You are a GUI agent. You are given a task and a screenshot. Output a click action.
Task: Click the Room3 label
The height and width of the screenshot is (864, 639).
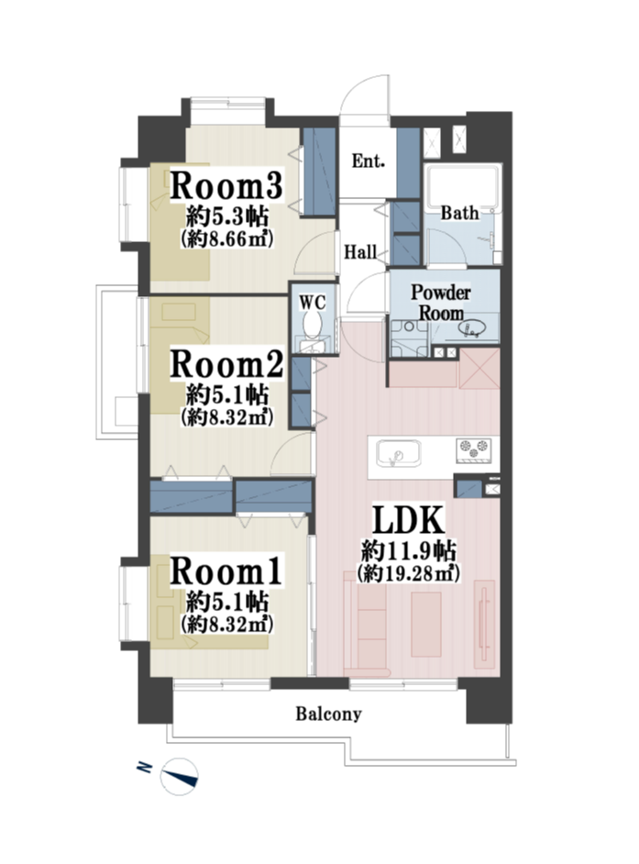[226, 185]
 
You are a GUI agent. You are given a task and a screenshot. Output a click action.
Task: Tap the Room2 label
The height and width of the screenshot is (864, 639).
[226, 364]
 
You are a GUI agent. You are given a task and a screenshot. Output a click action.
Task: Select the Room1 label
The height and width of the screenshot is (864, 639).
[226, 570]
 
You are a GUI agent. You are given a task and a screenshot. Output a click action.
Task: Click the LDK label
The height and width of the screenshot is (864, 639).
[409, 519]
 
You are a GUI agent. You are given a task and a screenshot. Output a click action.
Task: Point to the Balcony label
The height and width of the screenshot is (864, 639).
[329, 714]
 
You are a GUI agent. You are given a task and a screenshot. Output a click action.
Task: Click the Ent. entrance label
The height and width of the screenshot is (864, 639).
[368, 161]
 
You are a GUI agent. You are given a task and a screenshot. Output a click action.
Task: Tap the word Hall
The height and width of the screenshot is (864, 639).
[361, 252]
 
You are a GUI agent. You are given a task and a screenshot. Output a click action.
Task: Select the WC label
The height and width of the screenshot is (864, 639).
[313, 302]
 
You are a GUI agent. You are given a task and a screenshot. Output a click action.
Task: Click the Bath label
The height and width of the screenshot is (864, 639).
[459, 213]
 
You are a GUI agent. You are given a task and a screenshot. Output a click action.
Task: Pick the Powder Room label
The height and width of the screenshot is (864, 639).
[441, 303]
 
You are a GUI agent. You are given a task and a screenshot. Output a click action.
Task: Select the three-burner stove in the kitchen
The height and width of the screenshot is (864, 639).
[473, 449]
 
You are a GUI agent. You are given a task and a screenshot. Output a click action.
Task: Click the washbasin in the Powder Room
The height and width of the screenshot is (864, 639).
[470, 329]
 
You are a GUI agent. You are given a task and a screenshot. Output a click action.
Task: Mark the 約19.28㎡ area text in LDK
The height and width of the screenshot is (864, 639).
[409, 573]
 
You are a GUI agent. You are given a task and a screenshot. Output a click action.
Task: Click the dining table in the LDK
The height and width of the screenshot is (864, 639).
[425, 625]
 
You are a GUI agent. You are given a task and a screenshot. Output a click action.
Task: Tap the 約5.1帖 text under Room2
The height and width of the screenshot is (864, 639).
[226, 395]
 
